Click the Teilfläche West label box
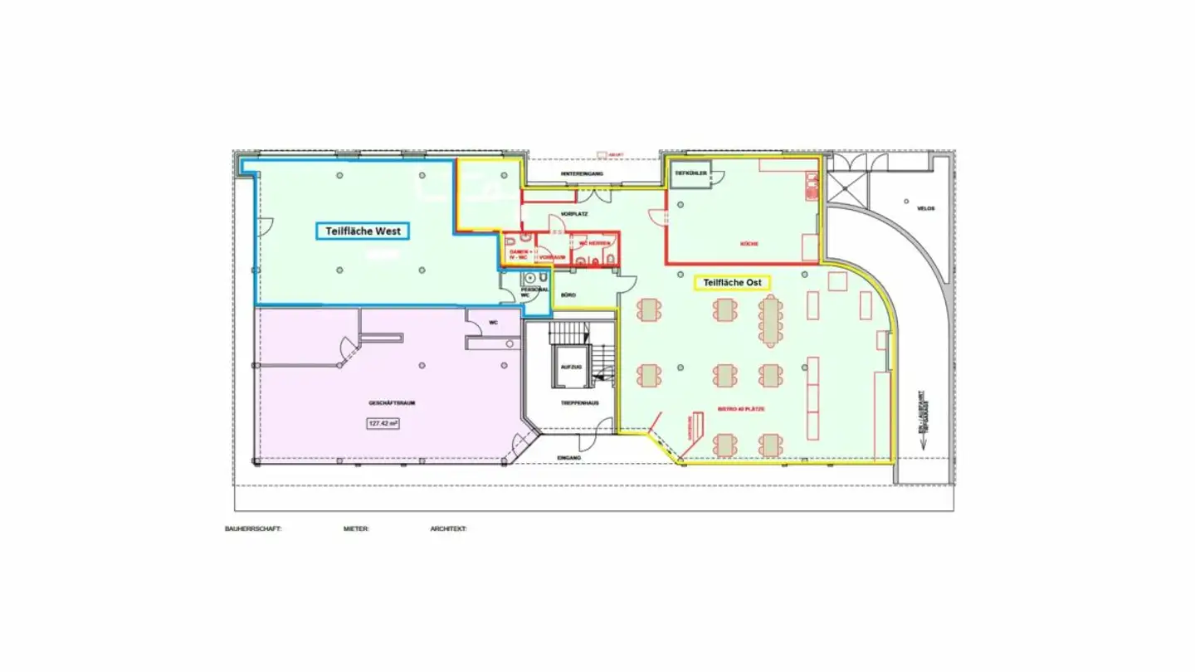(x=363, y=231)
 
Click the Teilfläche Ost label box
(x=732, y=283)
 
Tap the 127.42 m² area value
(x=383, y=423)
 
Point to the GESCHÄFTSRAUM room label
(x=392, y=403)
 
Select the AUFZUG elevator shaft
(x=570, y=368)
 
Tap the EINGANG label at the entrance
(x=569, y=457)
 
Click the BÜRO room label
(x=568, y=295)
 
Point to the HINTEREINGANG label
(x=578, y=173)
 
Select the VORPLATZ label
(x=573, y=214)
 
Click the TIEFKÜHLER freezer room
(x=690, y=174)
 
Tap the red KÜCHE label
(x=749, y=244)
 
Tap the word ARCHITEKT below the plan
(x=448, y=528)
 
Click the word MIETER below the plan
(x=356, y=528)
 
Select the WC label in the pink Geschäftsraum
(x=493, y=322)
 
